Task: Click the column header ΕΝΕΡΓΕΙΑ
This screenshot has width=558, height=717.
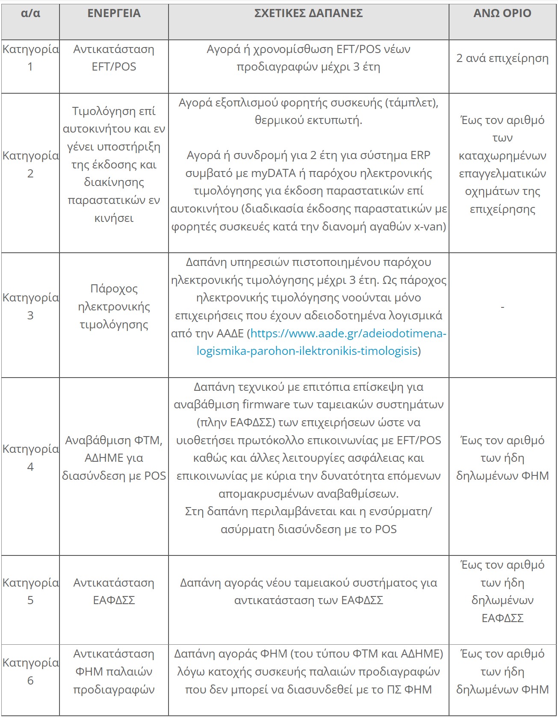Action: point(114,14)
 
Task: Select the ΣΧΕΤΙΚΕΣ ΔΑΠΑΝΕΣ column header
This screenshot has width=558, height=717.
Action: point(308,14)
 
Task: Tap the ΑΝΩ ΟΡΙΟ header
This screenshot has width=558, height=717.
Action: point(502,14)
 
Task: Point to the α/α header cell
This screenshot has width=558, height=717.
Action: point(30,14)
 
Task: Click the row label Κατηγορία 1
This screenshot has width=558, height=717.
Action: point(30,58)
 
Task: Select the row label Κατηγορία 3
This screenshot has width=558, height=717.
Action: point(30,306)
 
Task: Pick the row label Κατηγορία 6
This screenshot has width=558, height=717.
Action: point(30,671)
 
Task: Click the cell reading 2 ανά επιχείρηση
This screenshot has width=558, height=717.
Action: point(502,58)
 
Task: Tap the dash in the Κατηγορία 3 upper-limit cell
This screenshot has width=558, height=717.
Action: point(502,307)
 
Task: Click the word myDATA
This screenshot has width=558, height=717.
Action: point(273,173)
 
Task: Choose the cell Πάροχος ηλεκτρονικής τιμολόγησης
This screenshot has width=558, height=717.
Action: point(114,307)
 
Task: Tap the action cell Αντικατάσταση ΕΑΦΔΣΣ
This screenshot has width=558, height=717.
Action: point(114,591)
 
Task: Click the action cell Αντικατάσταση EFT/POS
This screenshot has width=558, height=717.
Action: point(114,58)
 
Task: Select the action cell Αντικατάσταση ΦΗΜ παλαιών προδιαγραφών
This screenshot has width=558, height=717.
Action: point(114,671)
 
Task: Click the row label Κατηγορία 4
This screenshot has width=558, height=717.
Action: point(30,457)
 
